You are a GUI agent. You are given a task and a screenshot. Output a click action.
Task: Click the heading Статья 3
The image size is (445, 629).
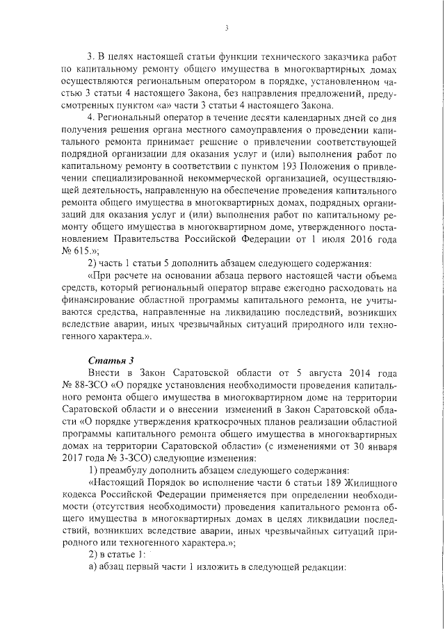(106, 359)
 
